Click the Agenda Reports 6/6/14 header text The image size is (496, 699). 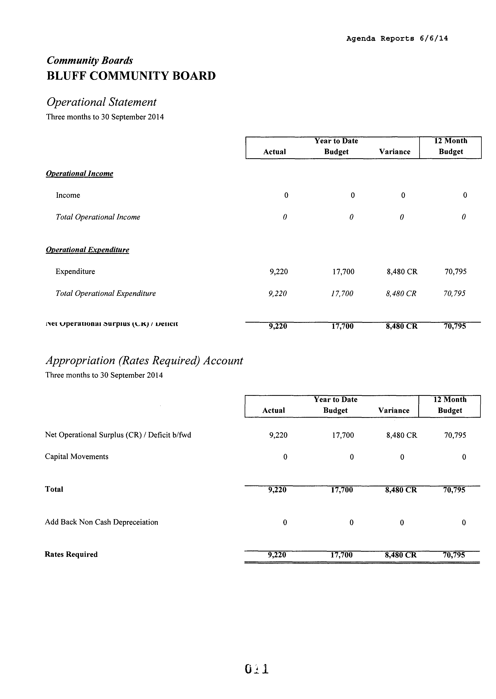pos(397,39)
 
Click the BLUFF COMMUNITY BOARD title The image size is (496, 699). pos(131,76)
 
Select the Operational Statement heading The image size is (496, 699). pos(101,102)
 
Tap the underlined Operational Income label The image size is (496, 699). pos(79,174)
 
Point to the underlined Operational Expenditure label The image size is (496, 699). pos(87,250)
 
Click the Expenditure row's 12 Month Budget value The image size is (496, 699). pos(455,271)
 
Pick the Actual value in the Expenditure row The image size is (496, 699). pos(279,271)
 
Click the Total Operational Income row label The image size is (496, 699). pos(98,217)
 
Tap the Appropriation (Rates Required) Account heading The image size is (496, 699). pos(144,361)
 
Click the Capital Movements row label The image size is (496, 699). pos(77,457)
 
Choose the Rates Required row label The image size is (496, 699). pos(71,554)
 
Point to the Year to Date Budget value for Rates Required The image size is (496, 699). pos(341,555)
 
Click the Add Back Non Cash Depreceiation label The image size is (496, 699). pos(101,522)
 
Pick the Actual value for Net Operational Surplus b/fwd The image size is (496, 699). pos(278,435)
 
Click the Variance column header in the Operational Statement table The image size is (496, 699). pos(395,152)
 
